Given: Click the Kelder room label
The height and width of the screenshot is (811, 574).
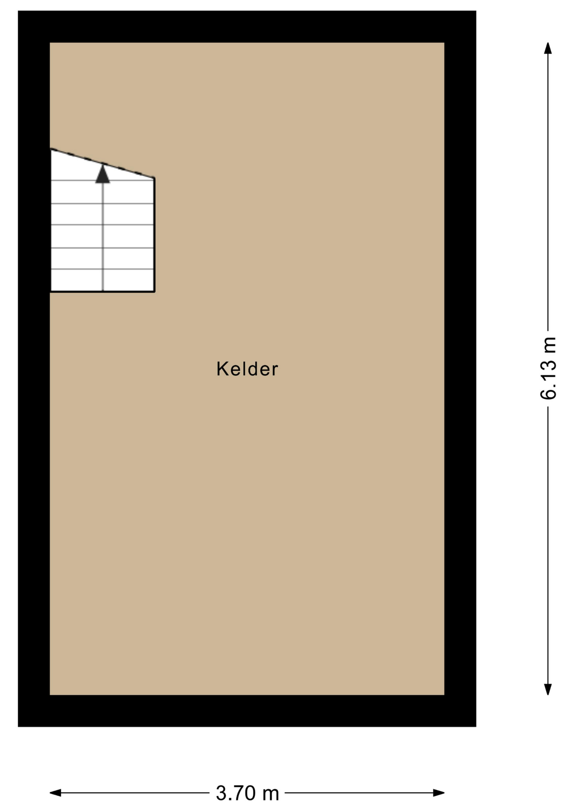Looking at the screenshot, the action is (247, 369).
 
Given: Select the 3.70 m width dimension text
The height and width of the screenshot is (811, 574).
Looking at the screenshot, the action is (247, 793).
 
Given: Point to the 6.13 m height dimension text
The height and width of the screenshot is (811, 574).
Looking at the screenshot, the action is (548, 368).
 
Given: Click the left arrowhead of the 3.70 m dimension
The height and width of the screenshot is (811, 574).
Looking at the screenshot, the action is (55, 793).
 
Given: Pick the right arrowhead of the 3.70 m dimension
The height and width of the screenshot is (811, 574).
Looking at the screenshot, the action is (439, 793).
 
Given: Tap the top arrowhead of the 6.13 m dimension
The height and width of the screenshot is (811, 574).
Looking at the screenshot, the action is (548, 48).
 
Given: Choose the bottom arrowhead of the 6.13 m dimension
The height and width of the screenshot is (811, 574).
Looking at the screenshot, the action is (548, 689).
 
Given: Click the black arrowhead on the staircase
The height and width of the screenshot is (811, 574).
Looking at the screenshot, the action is (103, 174).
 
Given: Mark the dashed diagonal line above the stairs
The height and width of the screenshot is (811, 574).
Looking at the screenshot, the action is (102, 163).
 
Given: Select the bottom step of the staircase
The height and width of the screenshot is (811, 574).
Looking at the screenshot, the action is (102, 280).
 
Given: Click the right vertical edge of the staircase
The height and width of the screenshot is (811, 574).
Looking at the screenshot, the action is (154, 235).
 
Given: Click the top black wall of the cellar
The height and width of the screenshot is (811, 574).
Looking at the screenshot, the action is (247, 27).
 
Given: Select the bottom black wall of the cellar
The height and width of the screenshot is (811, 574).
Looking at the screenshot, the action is (247, 711).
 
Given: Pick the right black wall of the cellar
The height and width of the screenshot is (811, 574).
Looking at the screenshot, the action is (460, 369).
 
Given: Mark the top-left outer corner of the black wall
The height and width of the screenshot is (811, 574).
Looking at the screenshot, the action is (18, 11).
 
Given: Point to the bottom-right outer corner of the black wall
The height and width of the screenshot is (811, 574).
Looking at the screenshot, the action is (476, 727).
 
